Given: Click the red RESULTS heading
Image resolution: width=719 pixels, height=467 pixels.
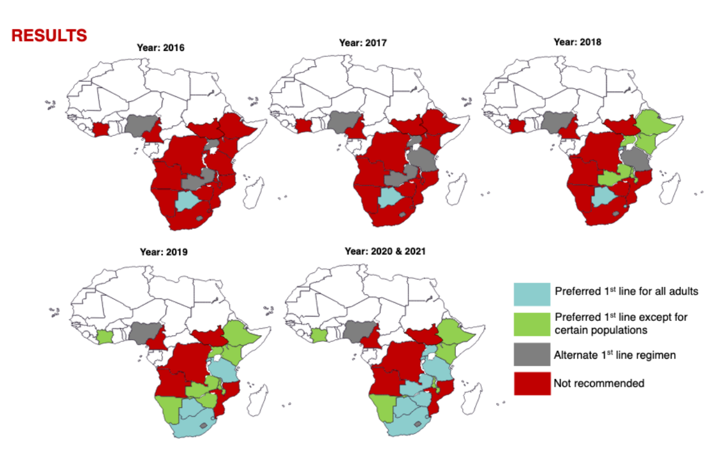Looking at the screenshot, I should pos(49,35).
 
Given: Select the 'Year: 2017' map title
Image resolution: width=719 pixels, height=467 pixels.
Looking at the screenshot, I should pos(362,43).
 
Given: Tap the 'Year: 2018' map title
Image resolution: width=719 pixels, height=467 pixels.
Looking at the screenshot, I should pos(577,43).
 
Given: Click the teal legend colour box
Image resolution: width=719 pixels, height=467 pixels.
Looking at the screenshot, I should pos(531,293).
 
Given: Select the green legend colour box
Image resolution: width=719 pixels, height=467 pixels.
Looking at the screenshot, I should pos(531,323).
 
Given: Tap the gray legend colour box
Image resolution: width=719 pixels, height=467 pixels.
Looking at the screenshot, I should pos(531,354).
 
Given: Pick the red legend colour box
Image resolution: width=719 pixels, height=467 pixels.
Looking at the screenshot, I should pos(531,383).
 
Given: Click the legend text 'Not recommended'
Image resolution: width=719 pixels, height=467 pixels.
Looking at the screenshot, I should pos(599,383).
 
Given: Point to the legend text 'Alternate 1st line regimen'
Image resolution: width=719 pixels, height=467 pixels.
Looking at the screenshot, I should pos(615,355).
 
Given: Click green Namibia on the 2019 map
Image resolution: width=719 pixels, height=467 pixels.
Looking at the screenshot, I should pos(168,410).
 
